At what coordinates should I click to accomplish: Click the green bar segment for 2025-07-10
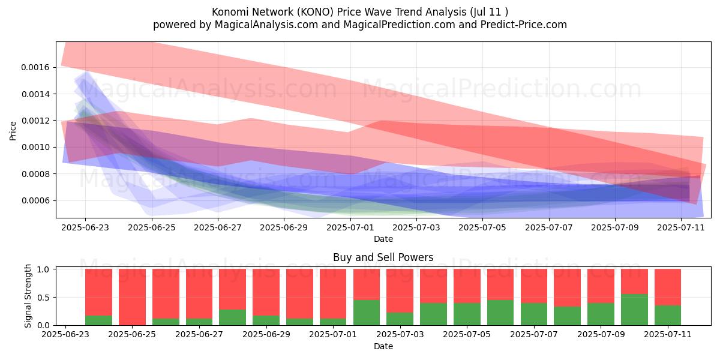tap(634, 310)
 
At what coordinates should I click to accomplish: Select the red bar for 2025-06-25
tap(132, 297)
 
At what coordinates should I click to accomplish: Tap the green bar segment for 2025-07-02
tap(367, 313)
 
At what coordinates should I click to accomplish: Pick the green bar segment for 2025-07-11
tap(668, 316)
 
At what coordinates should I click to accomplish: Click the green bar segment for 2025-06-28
tap(232, 317)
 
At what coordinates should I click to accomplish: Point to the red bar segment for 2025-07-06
tap(500, 284)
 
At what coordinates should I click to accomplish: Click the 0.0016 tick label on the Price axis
tap(35, 67)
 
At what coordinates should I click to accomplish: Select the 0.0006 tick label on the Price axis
tap(35, 201)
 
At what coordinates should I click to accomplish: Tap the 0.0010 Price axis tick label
tap(35, 148)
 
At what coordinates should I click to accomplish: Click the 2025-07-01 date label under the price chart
tap(350, 227)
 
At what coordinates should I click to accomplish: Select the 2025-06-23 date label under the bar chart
tap(65, 334)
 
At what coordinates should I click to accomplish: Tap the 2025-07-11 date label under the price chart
tap(681, 227)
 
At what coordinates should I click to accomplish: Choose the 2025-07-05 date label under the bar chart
tap(467, 334)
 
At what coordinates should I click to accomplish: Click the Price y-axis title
tap(13, 131)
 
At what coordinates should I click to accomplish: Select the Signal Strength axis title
tap(28, 296)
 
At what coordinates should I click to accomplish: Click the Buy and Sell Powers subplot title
tap(383, 257)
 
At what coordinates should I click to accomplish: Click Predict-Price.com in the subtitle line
tap(524, 25)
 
